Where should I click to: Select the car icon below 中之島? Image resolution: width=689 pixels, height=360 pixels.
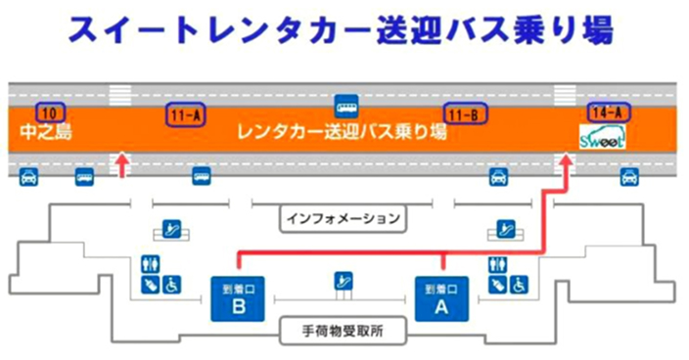click(x=29, y=176)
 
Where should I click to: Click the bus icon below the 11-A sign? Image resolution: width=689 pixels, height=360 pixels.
click(x=201, y=176)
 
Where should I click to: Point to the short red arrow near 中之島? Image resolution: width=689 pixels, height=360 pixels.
click(x=122, y=163)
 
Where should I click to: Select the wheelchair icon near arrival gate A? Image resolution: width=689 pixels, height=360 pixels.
click(x=519, y=284)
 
